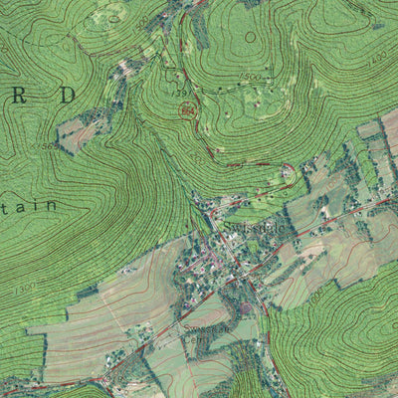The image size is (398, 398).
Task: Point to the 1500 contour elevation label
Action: point(249,77)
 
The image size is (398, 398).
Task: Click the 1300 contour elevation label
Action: point(25,288)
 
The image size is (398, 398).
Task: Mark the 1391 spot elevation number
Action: point(183,93)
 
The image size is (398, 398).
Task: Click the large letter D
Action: point(66,96)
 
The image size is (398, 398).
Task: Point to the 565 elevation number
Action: point(48,146)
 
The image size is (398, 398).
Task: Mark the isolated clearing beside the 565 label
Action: point(78,133)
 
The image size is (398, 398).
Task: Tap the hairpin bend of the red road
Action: point(289,170)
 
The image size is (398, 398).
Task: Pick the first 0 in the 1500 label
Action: point(250,77)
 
